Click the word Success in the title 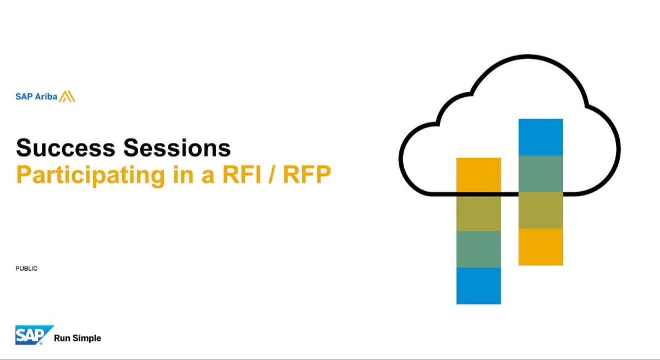pos(66,148)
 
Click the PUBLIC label pos(26,269)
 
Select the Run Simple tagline pos(78,338)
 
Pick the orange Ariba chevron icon pos(67,97)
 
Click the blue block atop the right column pos(541,137)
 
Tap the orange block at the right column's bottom pos(541,247)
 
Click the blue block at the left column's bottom pos(479,286)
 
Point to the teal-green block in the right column pos(541,174)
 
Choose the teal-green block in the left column pos(479,249)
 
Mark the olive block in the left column pos(479,213)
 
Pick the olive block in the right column pos(541,211)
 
